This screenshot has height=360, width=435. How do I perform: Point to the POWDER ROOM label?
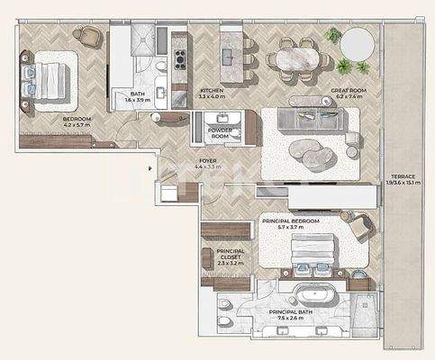(x=221, y=130)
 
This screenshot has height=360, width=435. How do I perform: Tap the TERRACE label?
(x=402, y=176)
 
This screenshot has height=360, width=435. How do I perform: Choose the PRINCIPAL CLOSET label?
(x=231, y=252)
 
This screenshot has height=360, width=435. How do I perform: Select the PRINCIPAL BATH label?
(x=294, y=312)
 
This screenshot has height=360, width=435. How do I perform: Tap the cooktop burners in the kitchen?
(x=179, y=59)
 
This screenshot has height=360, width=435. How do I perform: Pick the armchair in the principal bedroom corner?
(x=362, y=229)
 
